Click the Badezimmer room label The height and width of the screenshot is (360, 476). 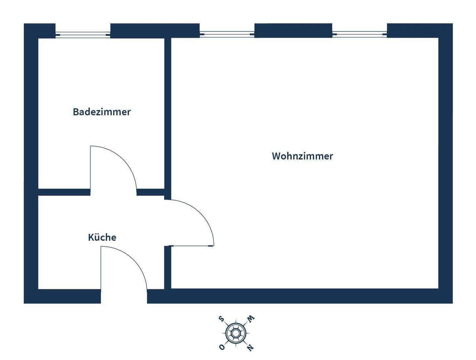[x=102, y=112]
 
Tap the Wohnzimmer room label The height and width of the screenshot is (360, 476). [x=302, y=156]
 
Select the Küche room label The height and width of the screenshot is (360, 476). [x=102, y=237]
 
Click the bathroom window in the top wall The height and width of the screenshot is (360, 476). [x=83, y=34]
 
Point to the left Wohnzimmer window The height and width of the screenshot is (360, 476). [x=227, y=34]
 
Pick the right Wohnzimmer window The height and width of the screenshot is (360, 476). [x=359, y=34]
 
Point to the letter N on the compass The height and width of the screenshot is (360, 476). [x=251, y=347]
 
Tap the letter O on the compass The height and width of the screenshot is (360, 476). [x=222, y=347]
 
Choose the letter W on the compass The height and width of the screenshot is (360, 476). [x=251, y=319]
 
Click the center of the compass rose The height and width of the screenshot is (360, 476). [x=235, y=333]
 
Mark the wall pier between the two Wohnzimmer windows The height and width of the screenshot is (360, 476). [x=293, y=31]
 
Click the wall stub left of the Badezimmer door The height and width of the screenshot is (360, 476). [x=64, y=192]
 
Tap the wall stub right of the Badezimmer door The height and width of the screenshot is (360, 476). [x=150, y=192]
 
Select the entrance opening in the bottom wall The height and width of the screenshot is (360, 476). [x=124, y=296]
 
